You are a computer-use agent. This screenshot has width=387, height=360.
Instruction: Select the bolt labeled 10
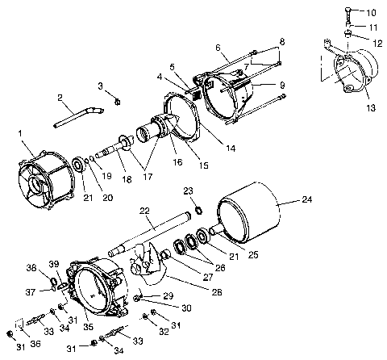pyautogui.click(x=347, y=13)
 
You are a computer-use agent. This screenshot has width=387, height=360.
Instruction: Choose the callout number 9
pyautogui.click(x=281, y=83)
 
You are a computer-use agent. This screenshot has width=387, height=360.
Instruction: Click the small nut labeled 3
pyautogui.click(x=118, y=100)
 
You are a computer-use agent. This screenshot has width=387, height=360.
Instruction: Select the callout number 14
pyautogui.click(x=231, y=149)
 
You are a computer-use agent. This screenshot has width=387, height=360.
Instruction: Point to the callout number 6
pyautogui.click(x=217, y=47)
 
